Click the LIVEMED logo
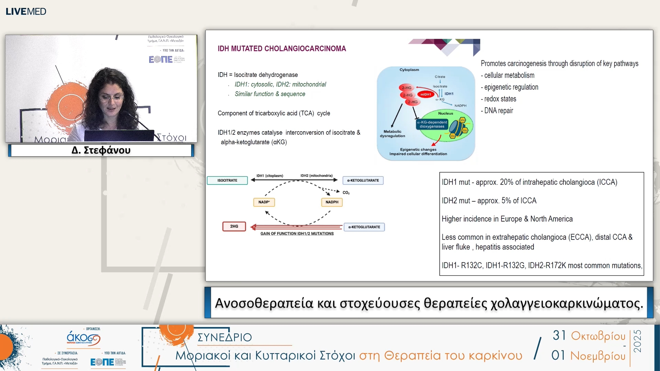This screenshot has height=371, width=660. tap(26, 11)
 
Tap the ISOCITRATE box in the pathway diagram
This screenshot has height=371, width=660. tap(227, 180)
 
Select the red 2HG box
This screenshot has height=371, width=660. tap(234, 226)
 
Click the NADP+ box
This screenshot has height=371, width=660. tap(264, 202)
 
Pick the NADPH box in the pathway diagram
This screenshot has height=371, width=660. tap(332, 202)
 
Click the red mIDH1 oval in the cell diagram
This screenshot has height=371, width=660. tap(426, 94)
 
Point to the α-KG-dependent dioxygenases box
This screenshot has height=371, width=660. tap(432, 124)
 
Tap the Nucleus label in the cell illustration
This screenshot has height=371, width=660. tap(445, 113)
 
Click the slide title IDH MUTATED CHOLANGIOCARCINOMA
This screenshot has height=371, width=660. tap(282, 49)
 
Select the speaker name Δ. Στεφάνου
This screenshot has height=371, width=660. tap(101, 150)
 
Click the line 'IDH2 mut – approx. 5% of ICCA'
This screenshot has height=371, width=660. tap(489, 201)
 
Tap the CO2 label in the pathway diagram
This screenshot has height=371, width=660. tap(346, 193)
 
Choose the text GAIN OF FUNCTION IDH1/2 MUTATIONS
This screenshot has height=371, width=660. tap(297, 234)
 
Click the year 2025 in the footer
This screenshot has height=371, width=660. tap(638, 341)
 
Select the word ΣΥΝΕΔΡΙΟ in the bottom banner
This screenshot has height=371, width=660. tap(224, 337)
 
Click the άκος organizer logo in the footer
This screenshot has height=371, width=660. tap(83, 338)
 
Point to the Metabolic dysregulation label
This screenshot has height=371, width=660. tap(392, 134)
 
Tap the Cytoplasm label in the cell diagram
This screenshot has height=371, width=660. tap(409, 70)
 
